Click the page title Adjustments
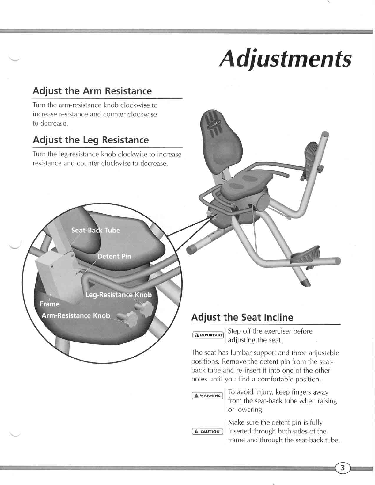click(x=285, y=59)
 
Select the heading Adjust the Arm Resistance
click(x=92, y=91)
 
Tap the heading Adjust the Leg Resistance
click(x=91, y=140)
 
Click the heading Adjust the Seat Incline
click(x=242, y=317)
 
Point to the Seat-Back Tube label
click(x=96, y=230)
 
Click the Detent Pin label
click(x=114, y=256)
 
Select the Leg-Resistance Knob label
click(x=119, y=295)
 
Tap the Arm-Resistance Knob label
click(x=76, y=315)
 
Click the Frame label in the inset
click(x=50, y=304)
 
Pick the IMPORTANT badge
click(x=208, y=335)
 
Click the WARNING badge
click(x=207, y=396)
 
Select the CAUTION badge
click(x=207, y=431)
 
